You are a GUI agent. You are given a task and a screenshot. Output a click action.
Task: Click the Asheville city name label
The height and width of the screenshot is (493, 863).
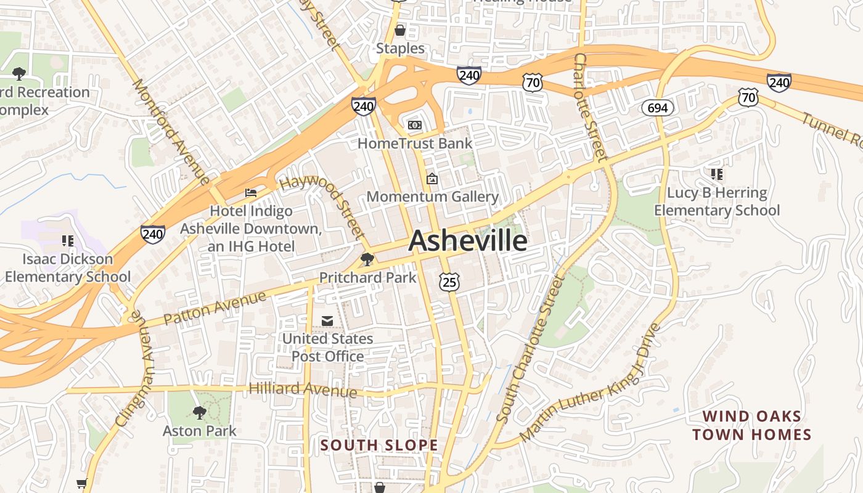(467, 240)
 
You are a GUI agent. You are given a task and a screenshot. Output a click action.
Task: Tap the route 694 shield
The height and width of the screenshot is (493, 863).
(657, 108)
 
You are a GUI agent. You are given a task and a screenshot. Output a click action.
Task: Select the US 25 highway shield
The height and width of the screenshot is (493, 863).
(449, 282)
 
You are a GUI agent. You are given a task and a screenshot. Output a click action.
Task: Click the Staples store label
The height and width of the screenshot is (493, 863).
(400, 48)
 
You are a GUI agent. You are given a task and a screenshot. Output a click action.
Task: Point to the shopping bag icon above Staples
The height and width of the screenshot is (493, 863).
(400, 30)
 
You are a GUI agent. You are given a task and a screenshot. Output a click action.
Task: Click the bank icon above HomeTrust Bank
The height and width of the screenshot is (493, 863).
(415, 125)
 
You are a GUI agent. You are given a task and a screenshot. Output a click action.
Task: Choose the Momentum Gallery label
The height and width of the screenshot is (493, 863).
(432, 197)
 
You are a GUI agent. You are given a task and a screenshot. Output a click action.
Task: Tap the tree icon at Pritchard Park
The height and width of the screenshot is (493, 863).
(367, 259)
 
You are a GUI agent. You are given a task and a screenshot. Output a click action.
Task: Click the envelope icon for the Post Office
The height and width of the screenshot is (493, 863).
(327, 320)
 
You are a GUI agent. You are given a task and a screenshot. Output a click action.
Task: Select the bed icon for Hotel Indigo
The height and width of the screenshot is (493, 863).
(251, 193)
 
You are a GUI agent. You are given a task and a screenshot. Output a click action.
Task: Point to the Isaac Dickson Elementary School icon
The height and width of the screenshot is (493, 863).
(68, 240)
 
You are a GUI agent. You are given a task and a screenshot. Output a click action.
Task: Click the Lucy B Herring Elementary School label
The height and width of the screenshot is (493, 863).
(716, 202)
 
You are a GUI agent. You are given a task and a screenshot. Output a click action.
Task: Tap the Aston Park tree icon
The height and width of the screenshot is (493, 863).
(199, 412)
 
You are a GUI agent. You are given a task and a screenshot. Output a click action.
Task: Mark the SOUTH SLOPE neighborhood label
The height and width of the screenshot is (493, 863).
(379, 445)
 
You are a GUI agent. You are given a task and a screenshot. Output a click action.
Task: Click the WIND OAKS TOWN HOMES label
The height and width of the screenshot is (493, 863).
(751, 425)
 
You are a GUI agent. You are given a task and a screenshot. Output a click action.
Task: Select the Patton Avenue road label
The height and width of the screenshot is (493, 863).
(215, 308)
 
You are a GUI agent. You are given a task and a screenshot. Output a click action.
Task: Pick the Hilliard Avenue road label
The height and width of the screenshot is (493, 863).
(302, 389)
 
